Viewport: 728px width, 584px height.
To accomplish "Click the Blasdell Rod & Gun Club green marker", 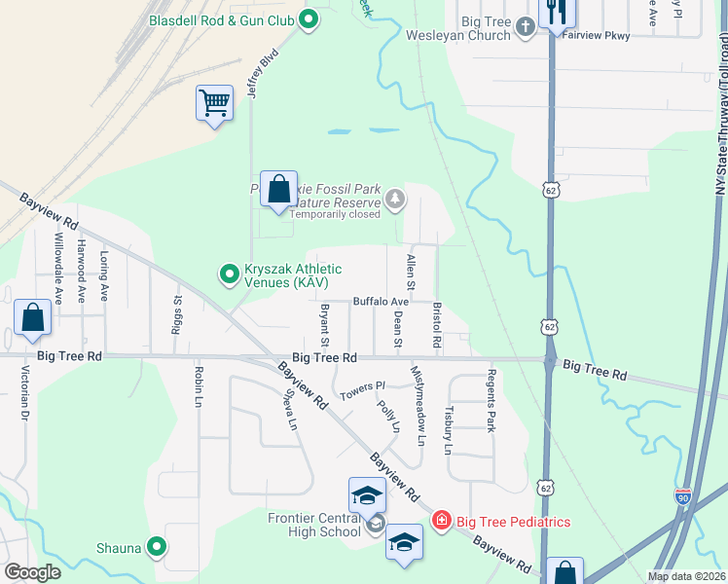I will (x=309, y=19).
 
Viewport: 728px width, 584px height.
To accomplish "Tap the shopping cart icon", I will (x=214, y=101).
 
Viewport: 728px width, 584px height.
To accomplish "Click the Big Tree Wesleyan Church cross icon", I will (x=526, y=26).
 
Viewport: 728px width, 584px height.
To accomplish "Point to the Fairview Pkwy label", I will (x=598, y=36).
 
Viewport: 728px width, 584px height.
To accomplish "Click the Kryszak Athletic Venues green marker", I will (x=230, y=274).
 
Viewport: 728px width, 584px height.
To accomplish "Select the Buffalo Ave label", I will (x=381, y=302).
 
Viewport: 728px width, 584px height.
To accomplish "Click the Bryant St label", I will (x=325, y=325).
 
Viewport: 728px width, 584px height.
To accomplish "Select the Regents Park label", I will (x=492, y=400).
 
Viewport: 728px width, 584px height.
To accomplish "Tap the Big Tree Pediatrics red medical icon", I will (x=441, y=522).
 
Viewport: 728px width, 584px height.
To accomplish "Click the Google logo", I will (x=33, y=572).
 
